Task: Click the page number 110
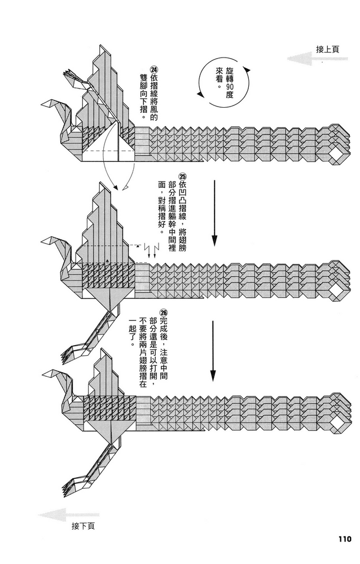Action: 341,537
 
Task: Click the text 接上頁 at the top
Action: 328,49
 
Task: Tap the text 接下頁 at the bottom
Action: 83,526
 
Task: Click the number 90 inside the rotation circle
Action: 229,86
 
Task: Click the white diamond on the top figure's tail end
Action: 337,155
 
